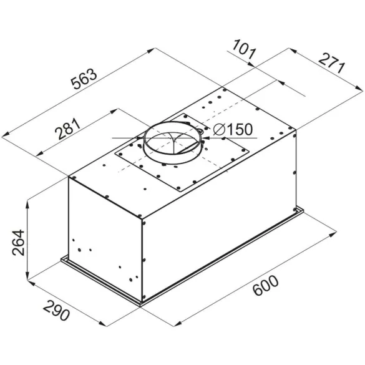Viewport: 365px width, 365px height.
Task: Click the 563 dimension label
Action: pyautogui.click(x=84, y=79)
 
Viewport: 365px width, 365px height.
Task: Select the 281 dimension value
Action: pyautogui.click(x=67, y=129)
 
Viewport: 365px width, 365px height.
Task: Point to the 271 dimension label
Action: pyautogui.click(x=331, y=64)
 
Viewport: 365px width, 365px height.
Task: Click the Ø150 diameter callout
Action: pyautogui.click(x=233, y=129)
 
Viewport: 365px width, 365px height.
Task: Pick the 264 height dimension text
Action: pyautogui.click(x=18, y=243)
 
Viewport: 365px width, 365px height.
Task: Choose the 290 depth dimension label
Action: pyautogui.click(x=57, y=310)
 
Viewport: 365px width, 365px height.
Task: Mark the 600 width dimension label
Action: pyautogui.click(x=265, y=285)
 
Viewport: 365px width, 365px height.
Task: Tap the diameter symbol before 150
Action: pyautogui.click(x=219, y=129)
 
